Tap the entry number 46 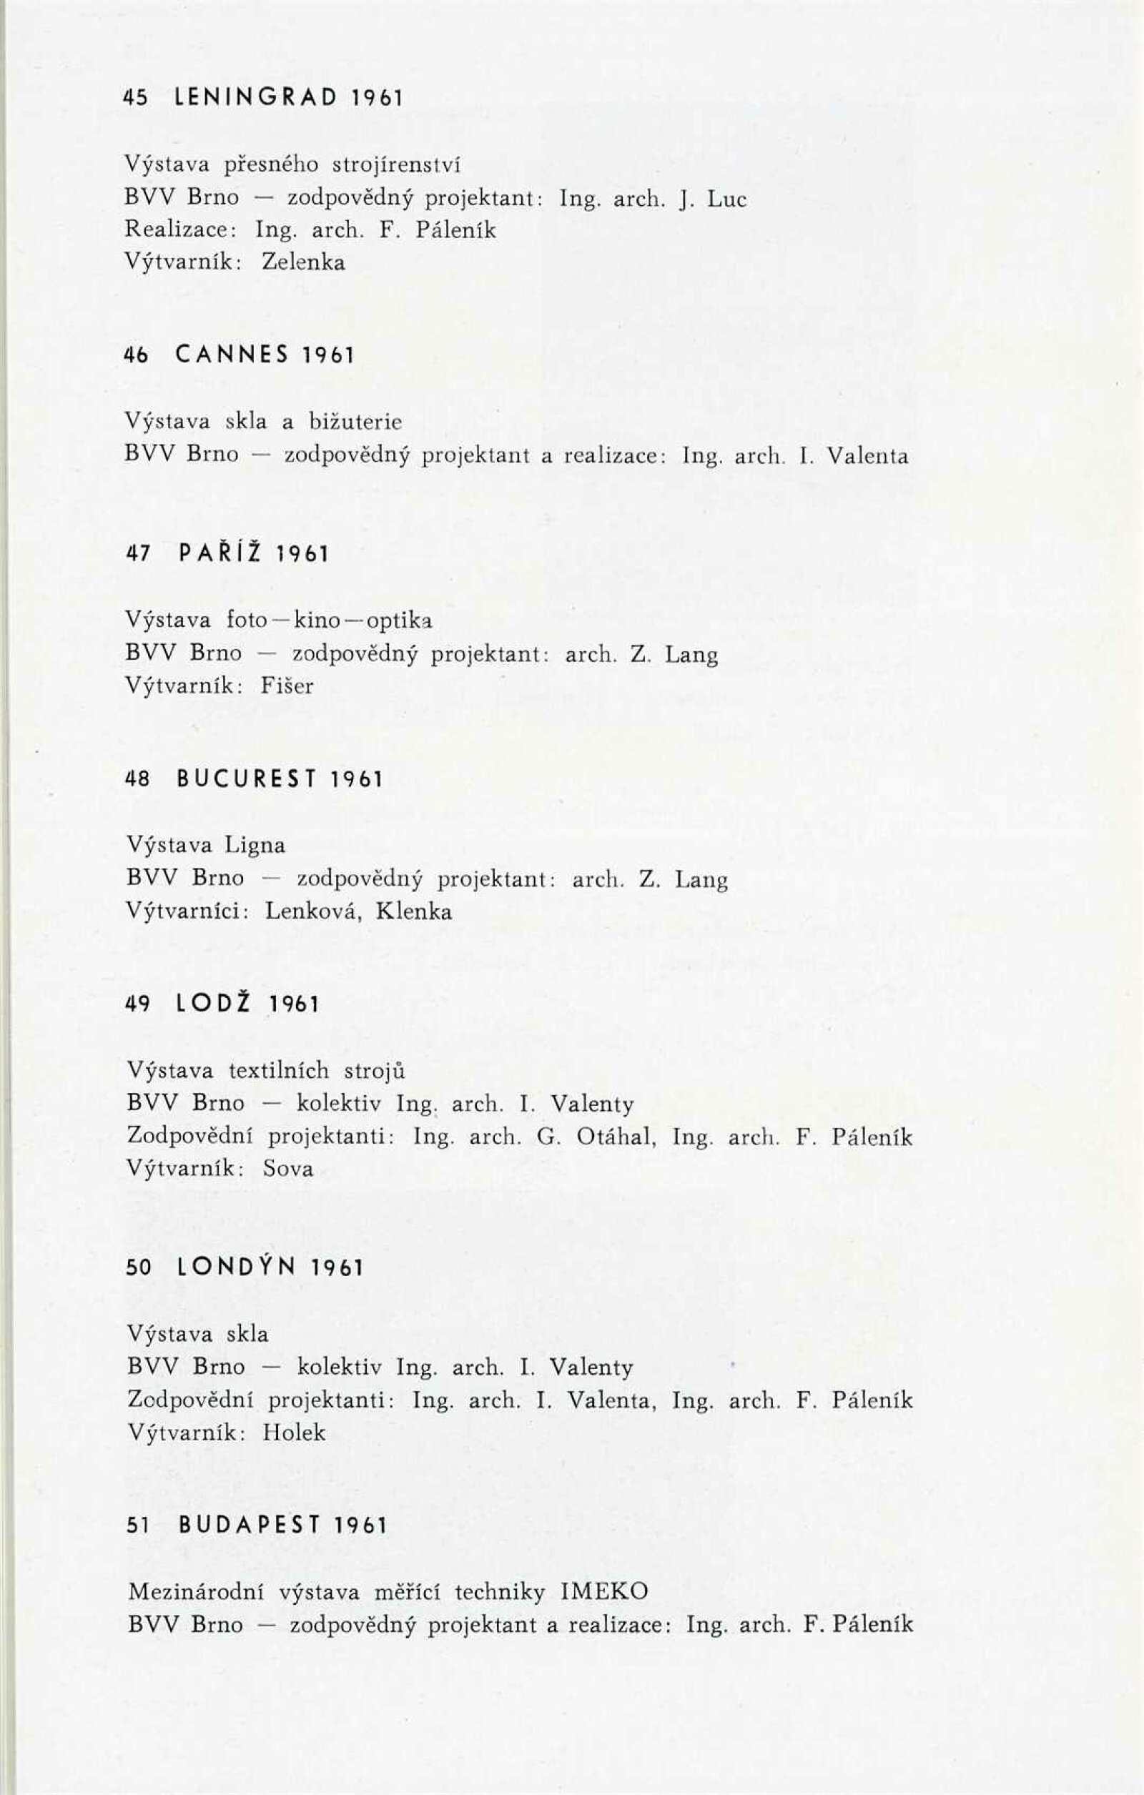pos(137,355)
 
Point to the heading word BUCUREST pos(247,780)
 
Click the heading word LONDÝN pos(238,1267)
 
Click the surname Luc pos(726,199)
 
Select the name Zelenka pos(304,262)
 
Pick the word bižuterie pos(356,422)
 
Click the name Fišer pos(287,686)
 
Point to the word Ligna pos(255,846)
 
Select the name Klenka pos(414,911)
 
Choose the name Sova pos(288,1168)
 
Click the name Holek pos(294,1433)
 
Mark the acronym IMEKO pos(604,1591)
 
